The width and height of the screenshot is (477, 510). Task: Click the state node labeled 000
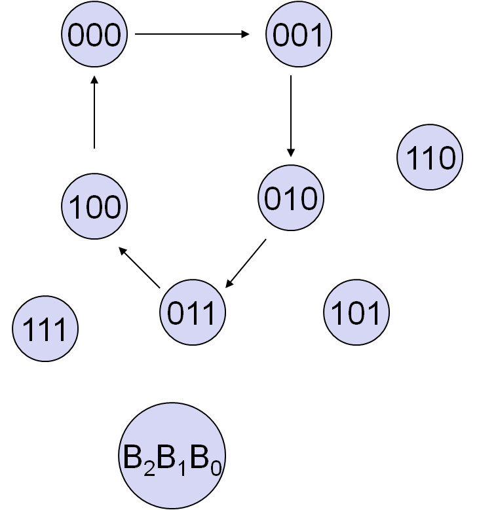coord(95,34)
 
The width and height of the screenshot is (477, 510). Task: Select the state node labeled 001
coord(298,34)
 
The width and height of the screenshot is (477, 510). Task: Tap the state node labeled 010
coord(291,198)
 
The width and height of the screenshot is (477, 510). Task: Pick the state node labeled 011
coord(193,313)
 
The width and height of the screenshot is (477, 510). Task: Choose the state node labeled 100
coord(95,206)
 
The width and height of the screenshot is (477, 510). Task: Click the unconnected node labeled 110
coord(430,158)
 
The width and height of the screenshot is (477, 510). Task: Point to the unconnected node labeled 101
coord(356,313)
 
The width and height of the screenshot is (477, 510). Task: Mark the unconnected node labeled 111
coord(45,329)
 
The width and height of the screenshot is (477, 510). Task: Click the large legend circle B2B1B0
coord(172,456)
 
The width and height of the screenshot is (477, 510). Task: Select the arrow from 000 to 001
coord(192,34)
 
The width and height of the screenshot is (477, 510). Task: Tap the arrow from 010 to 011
coord(246,263)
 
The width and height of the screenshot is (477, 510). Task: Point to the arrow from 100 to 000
coord(94,111)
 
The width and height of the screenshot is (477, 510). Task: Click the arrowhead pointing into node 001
coord(246,34)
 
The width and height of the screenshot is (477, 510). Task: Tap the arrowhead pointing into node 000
coord(94,79)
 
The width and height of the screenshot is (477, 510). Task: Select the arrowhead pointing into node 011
coord(228,283)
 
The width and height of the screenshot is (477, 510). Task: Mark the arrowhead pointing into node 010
coord(291,153)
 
